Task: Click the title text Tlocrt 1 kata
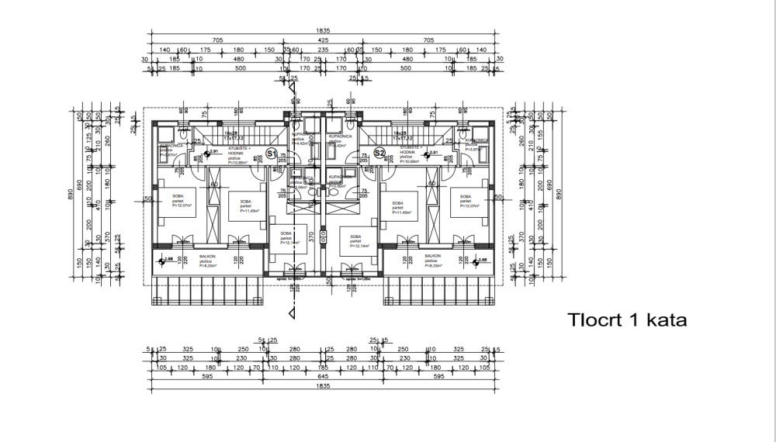(x=628, y=319)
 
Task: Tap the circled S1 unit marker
(x=272, y=154)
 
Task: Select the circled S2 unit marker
(x=379, y=154)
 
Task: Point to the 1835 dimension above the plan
(x=322, y=31)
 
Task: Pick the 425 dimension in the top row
(x=321, y=40)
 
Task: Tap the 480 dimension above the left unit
(x=238, y=59)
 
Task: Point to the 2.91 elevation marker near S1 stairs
(x=213, y=152)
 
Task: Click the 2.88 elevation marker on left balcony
(x=167, y=261)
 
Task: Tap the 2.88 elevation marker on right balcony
(x=481, y=261)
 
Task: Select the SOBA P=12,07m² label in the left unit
(x=183, y=202)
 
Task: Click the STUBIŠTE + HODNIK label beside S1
(x=238, y=148)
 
